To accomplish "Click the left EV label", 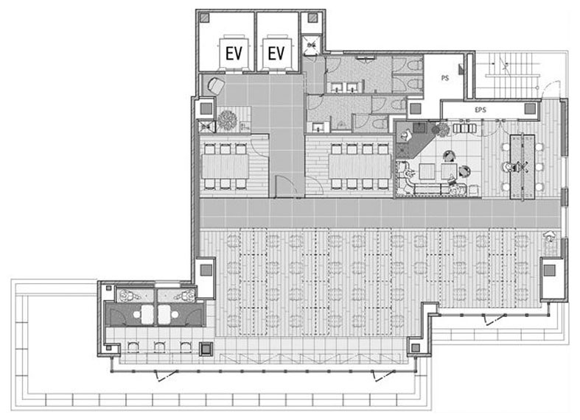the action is (x=234, y=53).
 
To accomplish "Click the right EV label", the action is (x=276, y=53).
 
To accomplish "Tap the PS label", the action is (x=445, y=78).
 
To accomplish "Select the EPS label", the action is (x=480, y=110).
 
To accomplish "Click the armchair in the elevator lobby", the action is (x=216, y=86).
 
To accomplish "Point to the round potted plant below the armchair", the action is (x=227, y=120).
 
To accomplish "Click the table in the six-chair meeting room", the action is (x=226, y=166).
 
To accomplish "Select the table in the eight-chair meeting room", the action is (x=360, y=166).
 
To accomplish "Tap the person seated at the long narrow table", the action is (x=509, y=167).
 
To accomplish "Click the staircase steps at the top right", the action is (x=511, y=74).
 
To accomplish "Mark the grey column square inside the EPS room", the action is (x=530, y=109).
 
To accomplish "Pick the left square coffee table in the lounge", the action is (x=427, y=171).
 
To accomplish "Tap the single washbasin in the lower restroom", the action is (x=318, y=127).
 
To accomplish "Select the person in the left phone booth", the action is (x=128, y=296).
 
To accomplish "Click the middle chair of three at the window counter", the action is (x=159, y=348).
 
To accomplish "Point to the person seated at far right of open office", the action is (x=549, y=237).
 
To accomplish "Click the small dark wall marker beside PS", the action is (x=461, y=69).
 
